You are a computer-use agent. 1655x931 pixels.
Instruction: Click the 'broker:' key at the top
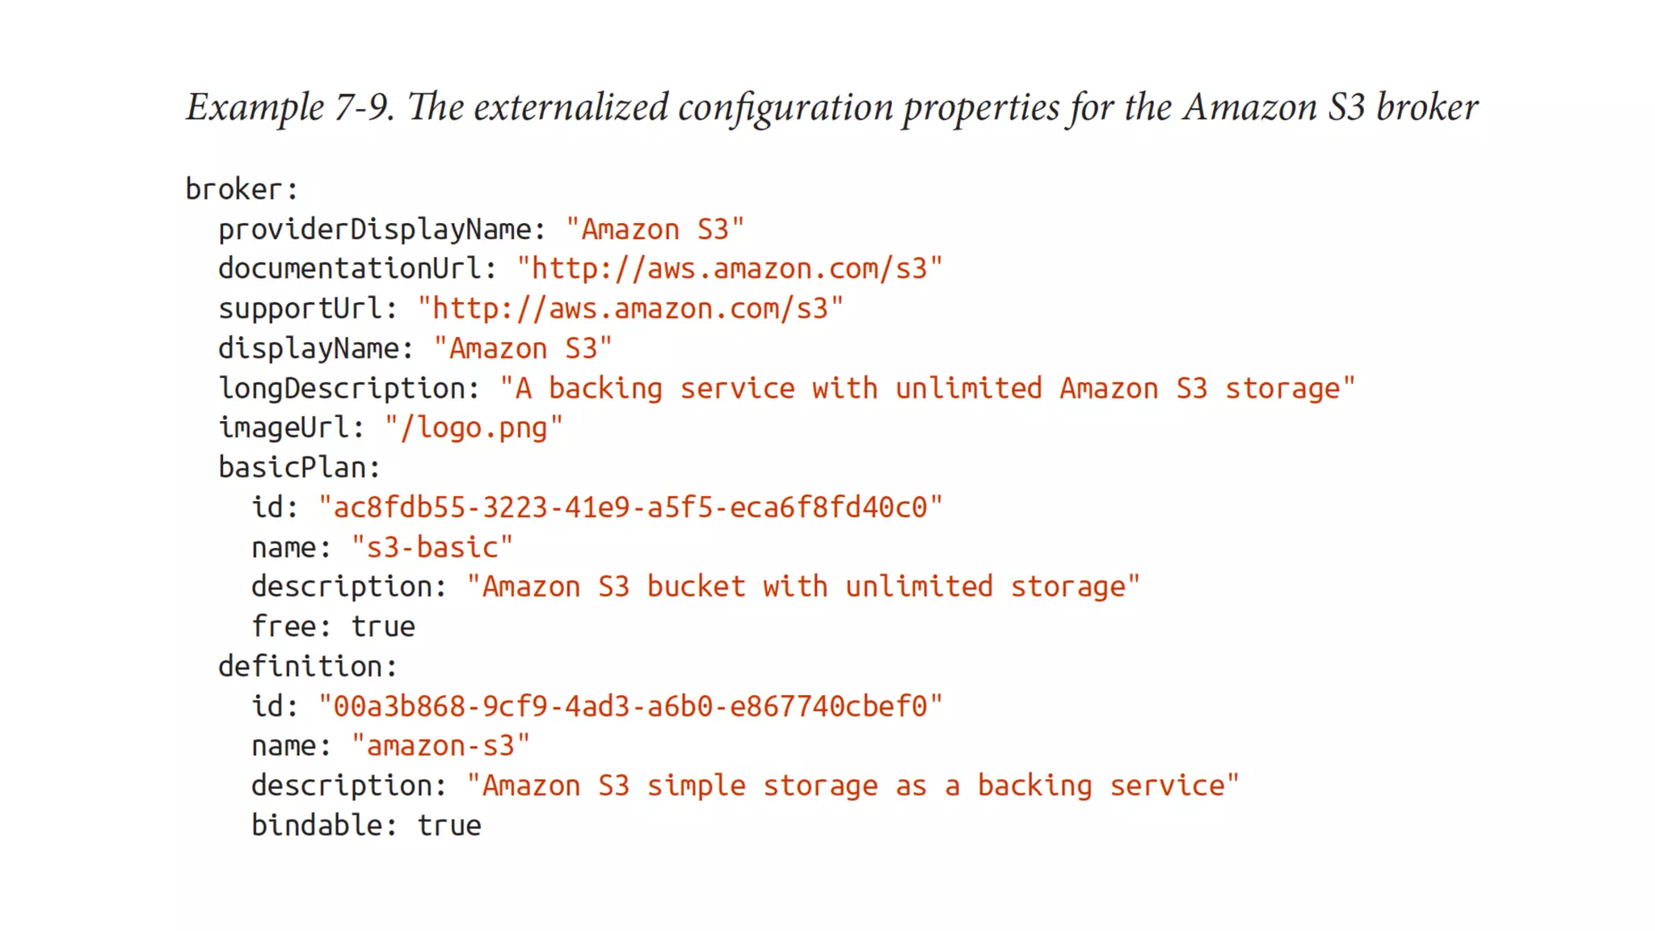241,190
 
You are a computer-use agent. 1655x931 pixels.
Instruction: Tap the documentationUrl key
356,269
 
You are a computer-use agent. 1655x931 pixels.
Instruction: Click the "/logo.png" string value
474,428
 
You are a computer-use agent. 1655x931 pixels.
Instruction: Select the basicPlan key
298,468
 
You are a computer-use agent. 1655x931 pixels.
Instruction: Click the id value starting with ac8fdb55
630,508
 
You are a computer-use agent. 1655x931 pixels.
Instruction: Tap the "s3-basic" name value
432,548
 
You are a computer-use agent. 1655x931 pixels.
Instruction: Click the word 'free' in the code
283,627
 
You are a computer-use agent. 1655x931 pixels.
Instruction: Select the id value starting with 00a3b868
630,706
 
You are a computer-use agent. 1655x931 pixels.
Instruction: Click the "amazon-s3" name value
440,746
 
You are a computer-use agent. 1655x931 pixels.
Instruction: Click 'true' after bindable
449,826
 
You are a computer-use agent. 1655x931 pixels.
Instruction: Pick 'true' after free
383,627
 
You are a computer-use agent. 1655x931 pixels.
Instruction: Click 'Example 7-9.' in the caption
290,107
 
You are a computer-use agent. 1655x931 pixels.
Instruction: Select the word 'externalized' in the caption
571,107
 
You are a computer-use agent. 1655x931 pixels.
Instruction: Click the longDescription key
348,389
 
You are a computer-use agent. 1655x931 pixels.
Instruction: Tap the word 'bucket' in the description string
696,587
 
